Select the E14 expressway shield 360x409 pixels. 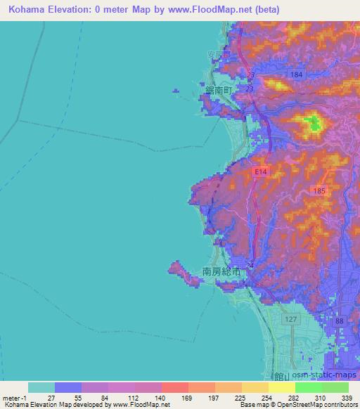pos(261,171)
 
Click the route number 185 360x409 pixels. pos(320,190)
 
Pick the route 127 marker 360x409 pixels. pos(290,319)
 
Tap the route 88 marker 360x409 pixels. pos(340,321)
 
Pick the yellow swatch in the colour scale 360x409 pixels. pos(281,387)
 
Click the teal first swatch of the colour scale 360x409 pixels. pos(41,387)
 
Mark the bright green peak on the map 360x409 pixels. pos(313,125)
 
